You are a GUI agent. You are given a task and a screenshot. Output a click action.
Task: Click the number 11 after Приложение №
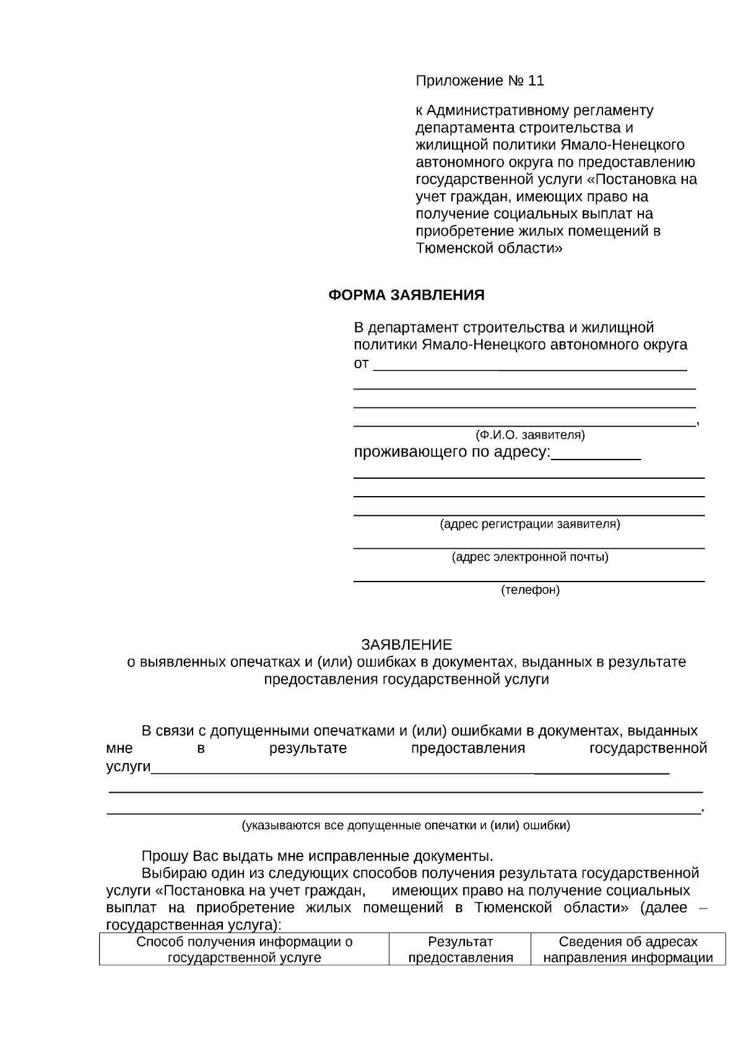click(x=536, y=81)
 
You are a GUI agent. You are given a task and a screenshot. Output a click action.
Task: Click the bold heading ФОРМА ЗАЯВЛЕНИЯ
click(x=406, y=295)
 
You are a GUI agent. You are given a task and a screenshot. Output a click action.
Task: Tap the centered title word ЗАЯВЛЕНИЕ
click(x=407, y=645)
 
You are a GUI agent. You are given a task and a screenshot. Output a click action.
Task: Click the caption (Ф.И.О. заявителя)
click(x=530, y=435)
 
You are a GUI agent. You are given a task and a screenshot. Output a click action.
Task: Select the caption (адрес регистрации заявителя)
click(x=530, y=525)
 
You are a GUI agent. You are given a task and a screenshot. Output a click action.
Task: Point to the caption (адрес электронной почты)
click(x=530, y=557)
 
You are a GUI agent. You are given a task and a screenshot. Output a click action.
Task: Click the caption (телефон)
click(x=530, y=590)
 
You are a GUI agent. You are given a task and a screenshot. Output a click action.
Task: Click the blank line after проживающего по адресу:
click(x=596, y=457)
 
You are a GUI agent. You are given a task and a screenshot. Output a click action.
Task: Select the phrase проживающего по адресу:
click(x=451, y=452)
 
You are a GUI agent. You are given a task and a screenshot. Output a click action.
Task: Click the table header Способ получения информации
click(x=244, y=943)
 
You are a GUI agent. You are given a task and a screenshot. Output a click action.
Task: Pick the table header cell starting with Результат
click(x=460, y=950)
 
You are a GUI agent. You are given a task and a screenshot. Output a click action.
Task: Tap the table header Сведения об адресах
click(x=628, y=943)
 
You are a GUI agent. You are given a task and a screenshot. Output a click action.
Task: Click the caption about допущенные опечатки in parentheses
click(x=406, y=826)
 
